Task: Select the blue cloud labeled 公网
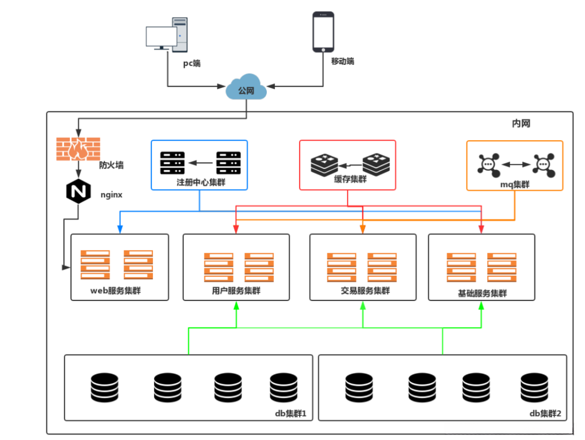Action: click(x=246, y=90)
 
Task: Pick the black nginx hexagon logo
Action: click(x=78, y=192)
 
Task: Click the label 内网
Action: click(x=521, y=124)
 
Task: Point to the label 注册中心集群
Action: click(x=199, y=182)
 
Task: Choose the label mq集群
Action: click(x=514, y=184)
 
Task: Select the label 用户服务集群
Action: click(x=236, y=291)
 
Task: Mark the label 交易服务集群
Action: click(x=365, y=291)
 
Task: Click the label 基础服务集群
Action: click(x=483, y=293)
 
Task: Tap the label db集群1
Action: click(x=291, y=413)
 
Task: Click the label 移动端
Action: click(x=342, y=61)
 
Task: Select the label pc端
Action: click(x=192, y=64)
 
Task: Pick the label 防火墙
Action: click(x=111, y=165)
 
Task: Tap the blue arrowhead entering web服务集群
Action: click(x=119, y=230)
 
